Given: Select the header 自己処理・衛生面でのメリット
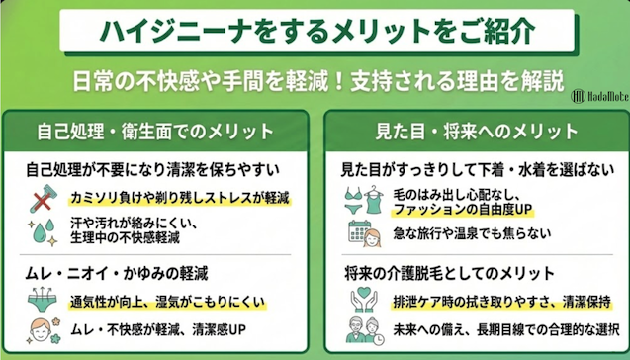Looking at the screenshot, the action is [x=157, y=131].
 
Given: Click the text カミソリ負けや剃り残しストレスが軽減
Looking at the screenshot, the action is [x=170, y=199].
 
